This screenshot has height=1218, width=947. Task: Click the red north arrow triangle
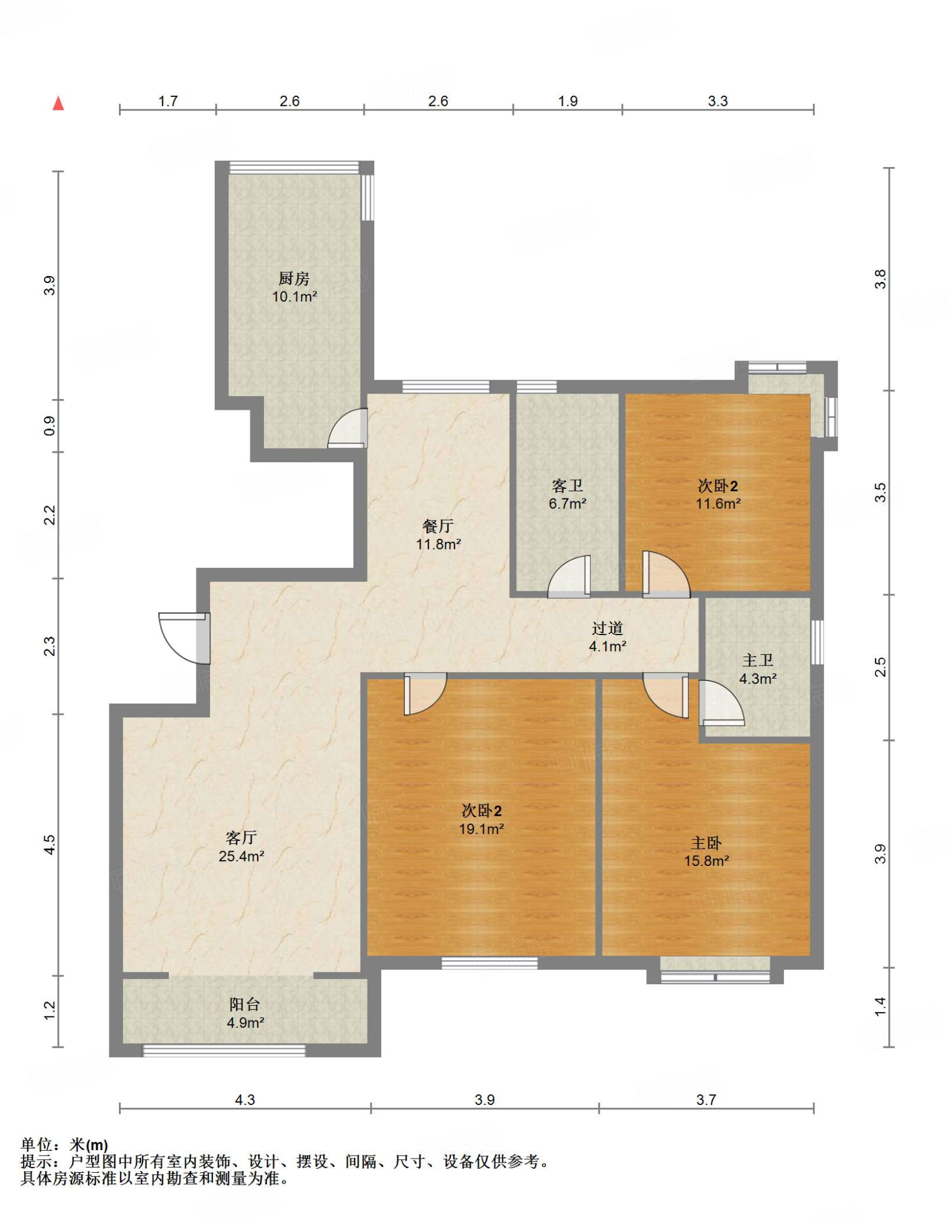point(58,103)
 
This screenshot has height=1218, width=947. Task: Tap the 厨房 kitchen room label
point(294,278)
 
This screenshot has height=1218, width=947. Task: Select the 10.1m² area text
point(294,296)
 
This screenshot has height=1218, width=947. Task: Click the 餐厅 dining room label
point(438,526)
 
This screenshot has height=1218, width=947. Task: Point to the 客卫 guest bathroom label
point(567,486)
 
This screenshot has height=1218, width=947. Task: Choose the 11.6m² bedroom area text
point(718,504)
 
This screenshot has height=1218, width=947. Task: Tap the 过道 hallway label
point(607,628)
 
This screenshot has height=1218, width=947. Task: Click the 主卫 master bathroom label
point(758,660)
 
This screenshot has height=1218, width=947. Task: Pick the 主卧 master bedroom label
point(706,843)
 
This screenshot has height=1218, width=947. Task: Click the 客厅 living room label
point(241,838)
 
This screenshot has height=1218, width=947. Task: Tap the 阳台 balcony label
point(244,1004)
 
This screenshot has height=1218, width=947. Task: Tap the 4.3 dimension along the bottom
point(244,1100)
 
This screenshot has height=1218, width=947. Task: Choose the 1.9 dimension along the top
point(567,101)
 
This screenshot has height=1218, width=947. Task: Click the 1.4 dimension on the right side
point(880,1006)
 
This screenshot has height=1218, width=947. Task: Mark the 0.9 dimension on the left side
point(49,425)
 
